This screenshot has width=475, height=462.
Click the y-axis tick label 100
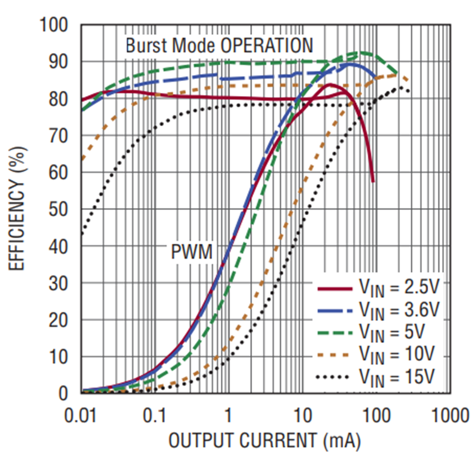click(53, 25)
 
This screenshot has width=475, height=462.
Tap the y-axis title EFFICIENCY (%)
click(17, 208)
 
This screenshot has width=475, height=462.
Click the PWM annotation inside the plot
click(191, 253)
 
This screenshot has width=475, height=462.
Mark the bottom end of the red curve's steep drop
click(373, 181)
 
